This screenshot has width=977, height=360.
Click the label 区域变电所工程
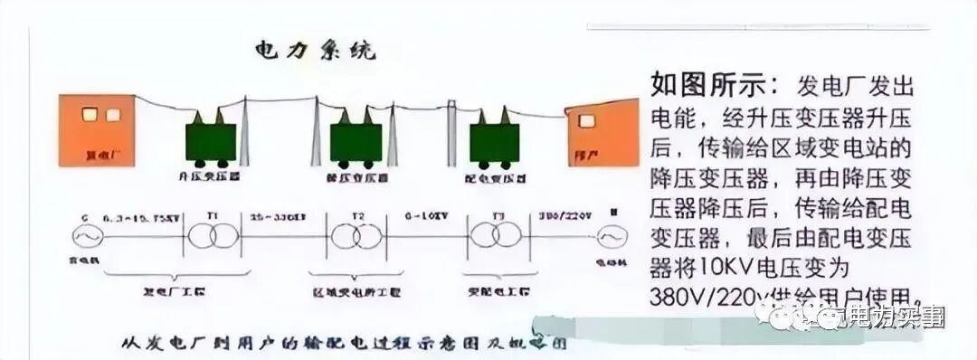(356, 294)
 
